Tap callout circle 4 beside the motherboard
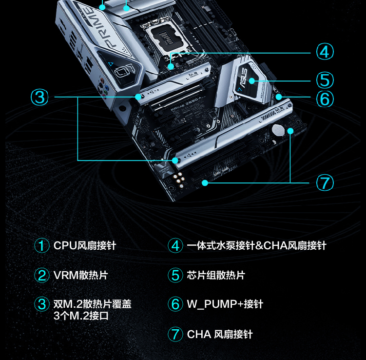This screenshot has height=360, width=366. pyautogui.click(x=325, y=52)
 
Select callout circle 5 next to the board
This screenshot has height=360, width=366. pyautogui.click(x=325, y=80)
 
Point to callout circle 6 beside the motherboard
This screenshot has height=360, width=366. pyautogui.click(x=325, y=98)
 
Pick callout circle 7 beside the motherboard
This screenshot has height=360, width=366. pyautogui.click(x=325, y=182)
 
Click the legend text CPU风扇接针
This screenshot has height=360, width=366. pyautogui.click(x=85, y=245)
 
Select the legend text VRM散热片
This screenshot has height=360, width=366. pyautogui.click(x=80, y=275)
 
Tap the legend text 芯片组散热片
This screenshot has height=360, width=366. pyautogui.click(x=216, y=275)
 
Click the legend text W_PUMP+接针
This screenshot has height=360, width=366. pyautogui.click(x=225, y=304)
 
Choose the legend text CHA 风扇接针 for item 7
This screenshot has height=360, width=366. pyautogui.click(x=220, y=334)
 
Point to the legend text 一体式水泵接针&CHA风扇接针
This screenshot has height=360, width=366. pyautogui.click(x=256, y=245)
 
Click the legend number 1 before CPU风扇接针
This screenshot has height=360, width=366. pyautogui.click(x=42, y=245)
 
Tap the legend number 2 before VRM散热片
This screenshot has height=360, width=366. pyautogui.click(x=42, y=275)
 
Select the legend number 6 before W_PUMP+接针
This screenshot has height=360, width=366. pyautogui.click(x=175, y=304)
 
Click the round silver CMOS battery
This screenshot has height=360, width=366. pyautogui.click(x=278, y=130)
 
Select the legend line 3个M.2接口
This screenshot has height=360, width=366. pyautogui.click(x=81, y=316)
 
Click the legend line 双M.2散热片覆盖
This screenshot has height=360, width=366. pyautogui.click(x=92, y=304)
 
